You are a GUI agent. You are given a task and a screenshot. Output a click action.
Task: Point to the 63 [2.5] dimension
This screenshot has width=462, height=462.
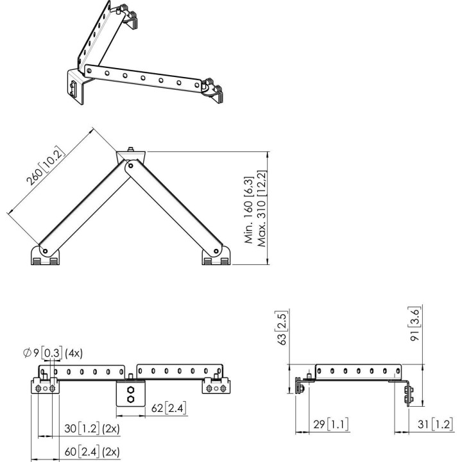tap(282, 328)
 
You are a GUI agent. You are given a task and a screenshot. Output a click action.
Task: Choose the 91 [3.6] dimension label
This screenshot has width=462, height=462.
tap(415, 324)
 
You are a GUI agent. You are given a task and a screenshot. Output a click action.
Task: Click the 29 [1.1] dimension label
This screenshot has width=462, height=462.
tap(330, 424)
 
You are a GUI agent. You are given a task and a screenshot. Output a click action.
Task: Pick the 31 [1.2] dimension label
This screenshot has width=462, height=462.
tap(435, 424)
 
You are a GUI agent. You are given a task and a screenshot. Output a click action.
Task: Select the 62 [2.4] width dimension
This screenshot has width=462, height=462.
tap(169, 408)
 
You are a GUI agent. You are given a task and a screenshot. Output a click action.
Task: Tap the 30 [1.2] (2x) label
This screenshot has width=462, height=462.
tap(92, 429)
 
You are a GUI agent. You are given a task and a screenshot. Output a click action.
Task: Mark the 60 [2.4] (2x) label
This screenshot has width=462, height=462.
tap(92, 452)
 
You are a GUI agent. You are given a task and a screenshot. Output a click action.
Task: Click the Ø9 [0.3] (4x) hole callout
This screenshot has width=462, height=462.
tap(53, 353)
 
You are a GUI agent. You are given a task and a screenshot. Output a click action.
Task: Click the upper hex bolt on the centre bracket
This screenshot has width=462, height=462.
tap(130, 390)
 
